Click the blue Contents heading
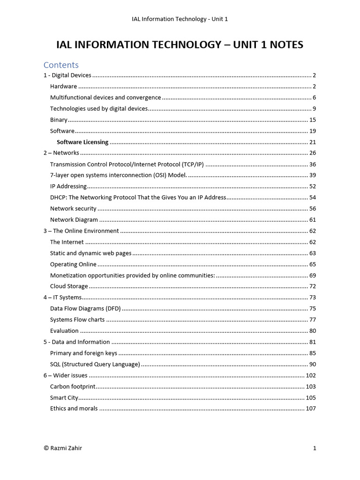[x=61, y=65]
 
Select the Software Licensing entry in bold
[x=82, y=142]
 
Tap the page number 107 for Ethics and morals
[x=311, y=409]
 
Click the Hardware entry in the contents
[x=63, y=86]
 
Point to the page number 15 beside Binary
[x=313, y=120]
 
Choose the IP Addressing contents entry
[x=68, y=186]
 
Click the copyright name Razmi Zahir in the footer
[x=66, y=448]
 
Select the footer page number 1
[x=315, y=448]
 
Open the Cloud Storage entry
[x=69, y=286]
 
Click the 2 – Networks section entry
[x=61, y=153]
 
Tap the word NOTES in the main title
[x=284, y=45]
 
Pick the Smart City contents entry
[x=64, y=397]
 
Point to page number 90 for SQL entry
[x=313, y=364]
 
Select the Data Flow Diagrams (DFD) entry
[x=85, y=308]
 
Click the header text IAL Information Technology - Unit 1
[x=180, y=19]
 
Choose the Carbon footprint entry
[x=73, y=387]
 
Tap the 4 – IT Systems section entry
[x=62, y=297]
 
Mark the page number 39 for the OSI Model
[x=313, y=175]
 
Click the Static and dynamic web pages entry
[x=90, y=253]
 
